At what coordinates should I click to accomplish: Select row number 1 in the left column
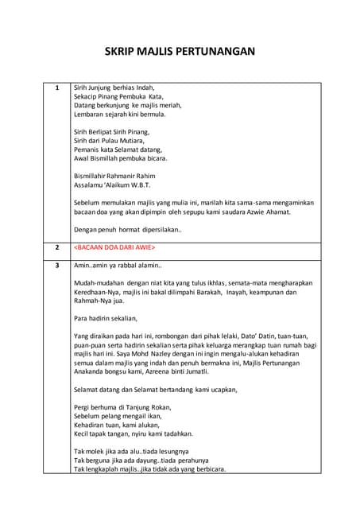click(x=56, y=87)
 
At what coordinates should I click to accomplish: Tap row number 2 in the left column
click(x=56, y=248)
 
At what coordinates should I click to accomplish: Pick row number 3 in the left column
click(x=56, y=265)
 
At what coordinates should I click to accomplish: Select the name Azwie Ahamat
click(x=268, y=212)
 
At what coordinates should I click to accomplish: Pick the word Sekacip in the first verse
click(x=87, y=96)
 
